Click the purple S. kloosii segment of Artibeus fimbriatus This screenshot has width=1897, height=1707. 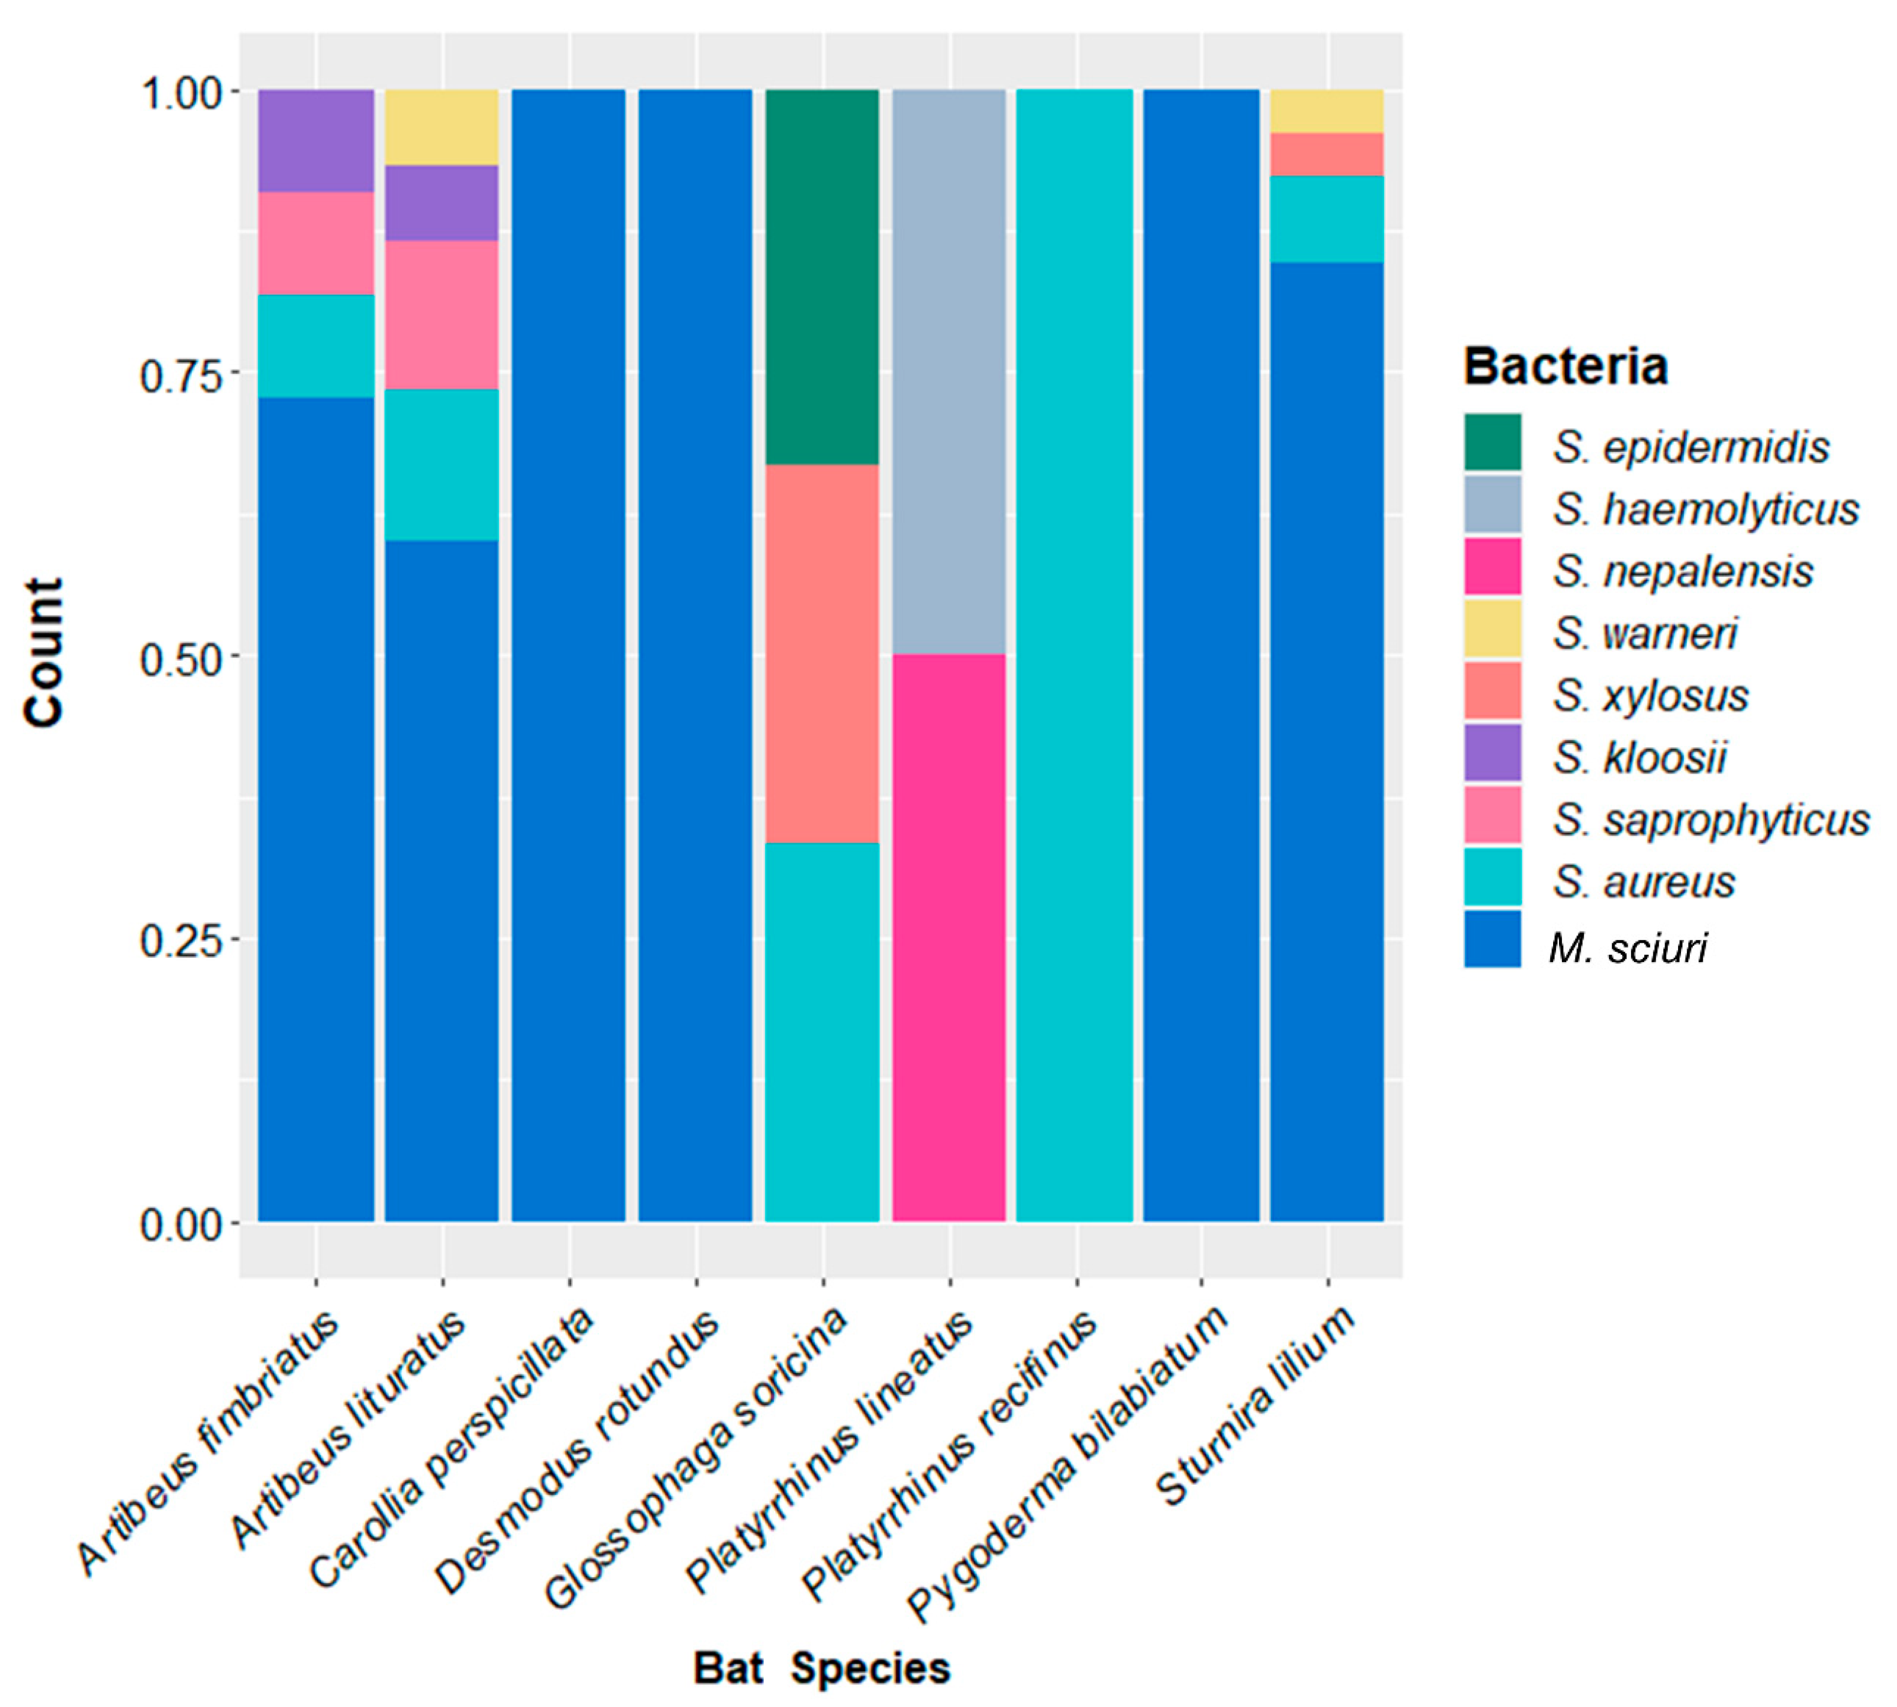click(316, 140)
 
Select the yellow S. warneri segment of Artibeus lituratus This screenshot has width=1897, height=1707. click(442, 127)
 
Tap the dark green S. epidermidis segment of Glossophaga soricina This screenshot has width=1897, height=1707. click(822, 277)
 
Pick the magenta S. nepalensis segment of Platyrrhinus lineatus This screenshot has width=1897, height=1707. click(949, 938)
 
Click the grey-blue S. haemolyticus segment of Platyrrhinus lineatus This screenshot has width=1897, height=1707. click(949, 372)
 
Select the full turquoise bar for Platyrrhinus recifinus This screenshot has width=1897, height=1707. click(1075, 656)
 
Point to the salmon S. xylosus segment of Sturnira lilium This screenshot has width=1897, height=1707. click(1327, 155)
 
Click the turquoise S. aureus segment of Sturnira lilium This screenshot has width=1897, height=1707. click(1327, 218)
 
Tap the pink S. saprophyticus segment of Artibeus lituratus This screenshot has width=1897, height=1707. click(442, 314)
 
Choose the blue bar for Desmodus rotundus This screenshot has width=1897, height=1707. click(695, 656)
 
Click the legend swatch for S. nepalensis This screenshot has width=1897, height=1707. click(1492, 567)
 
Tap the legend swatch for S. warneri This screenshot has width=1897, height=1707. click(1492, 628)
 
